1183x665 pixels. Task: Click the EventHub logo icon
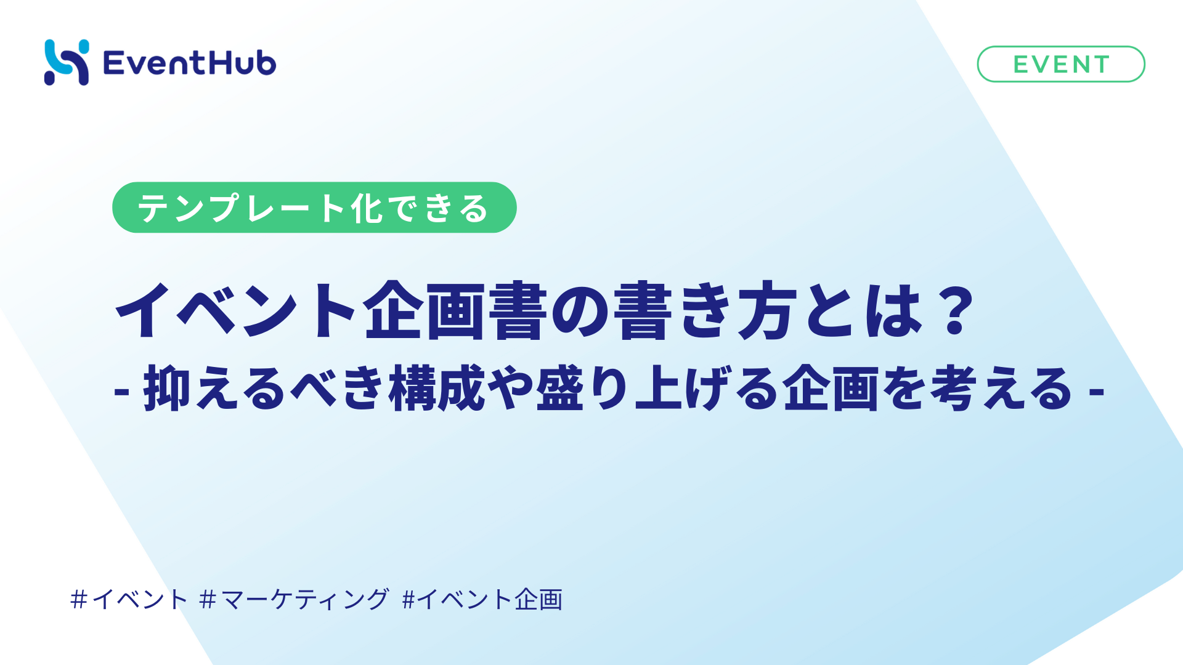pos(67,62)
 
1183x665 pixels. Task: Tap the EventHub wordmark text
pos(190,63)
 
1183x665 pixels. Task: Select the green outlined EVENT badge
pos(1061,64)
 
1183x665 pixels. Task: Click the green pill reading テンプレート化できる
pos(314,208)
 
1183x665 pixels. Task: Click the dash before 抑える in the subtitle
pos(121,391)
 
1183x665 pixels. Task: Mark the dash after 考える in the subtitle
pos(1096,391)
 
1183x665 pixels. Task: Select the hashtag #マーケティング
pos(295,599)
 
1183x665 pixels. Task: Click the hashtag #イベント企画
pos(482,599)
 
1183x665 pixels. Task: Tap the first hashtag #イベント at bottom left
pos(129,599)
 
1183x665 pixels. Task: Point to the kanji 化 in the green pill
pos(367,208)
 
